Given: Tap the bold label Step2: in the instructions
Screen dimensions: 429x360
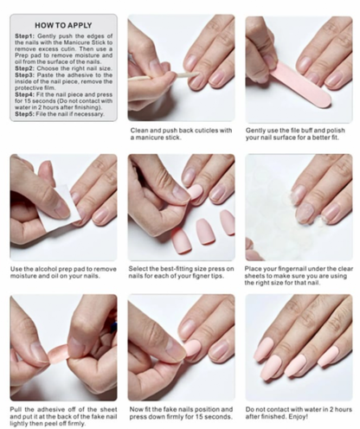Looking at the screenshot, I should coord(26,71).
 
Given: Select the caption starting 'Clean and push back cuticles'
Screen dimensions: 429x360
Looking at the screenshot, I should coord(181,135).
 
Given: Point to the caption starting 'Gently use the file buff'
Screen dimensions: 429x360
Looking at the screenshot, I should coord(299,135).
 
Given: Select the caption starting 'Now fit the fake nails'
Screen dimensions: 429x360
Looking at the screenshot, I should coord(181,413).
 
